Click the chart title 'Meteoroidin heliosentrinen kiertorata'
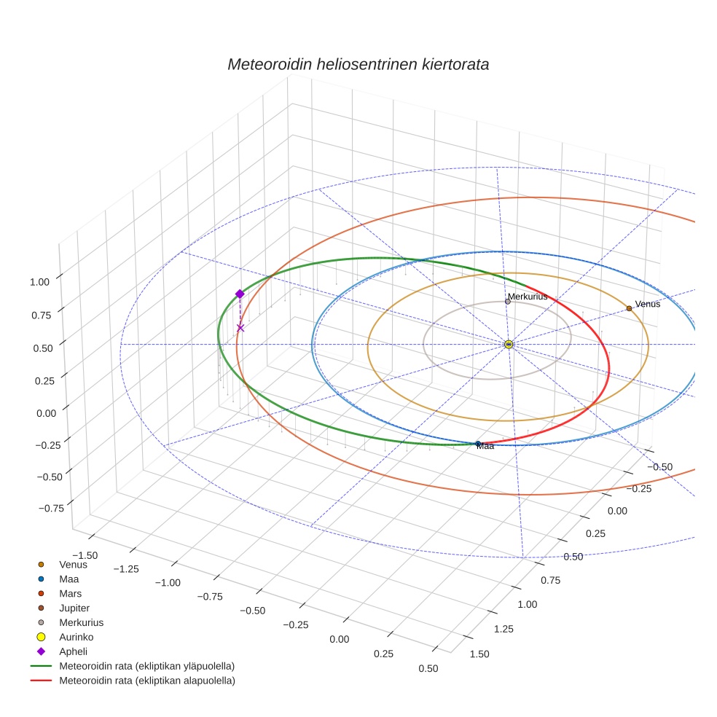358,64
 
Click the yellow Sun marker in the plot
509,344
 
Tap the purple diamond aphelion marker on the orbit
240,294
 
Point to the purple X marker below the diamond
240,328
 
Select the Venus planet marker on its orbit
629,308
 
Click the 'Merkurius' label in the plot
528,297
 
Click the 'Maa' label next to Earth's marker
485,446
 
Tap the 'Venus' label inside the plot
648,304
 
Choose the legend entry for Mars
70,593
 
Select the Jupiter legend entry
74,608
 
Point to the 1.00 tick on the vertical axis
39,281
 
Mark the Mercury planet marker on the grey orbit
508,302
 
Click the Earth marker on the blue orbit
478,444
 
